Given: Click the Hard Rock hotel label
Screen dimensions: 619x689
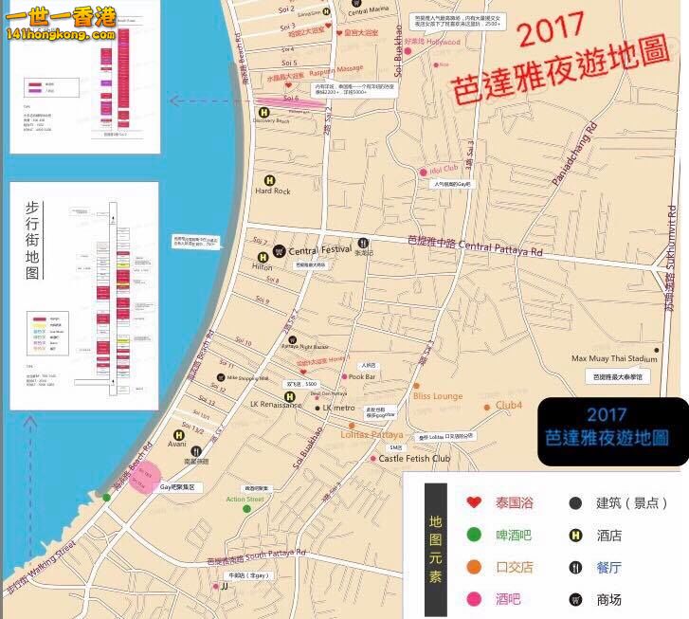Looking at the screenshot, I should click(x=273, y=191).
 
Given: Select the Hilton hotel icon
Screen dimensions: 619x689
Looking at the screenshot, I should click(x=260, y=257).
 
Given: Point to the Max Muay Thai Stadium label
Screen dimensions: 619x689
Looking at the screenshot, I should click(x=613, y=359).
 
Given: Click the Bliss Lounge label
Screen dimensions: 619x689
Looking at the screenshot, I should click(x=437, y=396).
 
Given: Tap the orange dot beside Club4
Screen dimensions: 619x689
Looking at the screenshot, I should click(x=488, y=407).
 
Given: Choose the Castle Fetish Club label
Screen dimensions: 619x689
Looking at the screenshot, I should click(x=414, y=459).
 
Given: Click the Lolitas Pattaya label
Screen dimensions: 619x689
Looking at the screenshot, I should click(x=372, y=433).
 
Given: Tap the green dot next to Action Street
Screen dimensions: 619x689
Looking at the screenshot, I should click(x=246, y=509).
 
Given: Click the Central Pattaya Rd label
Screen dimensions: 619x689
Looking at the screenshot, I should click(x=500, y=248).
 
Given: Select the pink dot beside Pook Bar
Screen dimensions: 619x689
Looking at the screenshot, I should click(x=343, y=377).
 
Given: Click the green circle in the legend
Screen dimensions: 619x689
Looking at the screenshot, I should click(x=473, y=535).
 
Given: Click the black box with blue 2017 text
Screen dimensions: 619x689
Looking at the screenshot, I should click(x=612, y=431).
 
